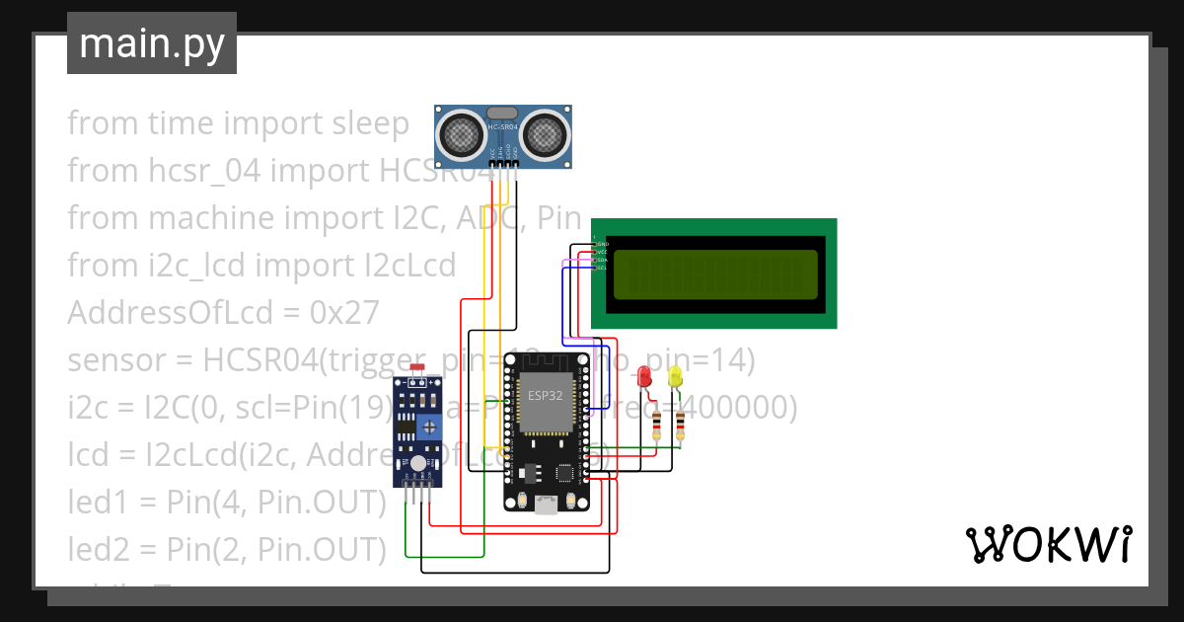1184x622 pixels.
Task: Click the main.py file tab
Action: [151, 43]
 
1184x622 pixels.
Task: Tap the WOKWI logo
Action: [1048, 544]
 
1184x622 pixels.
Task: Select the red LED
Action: [644, 377]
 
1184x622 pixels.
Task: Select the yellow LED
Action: [675, 376]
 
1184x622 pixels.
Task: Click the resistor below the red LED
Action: [657, 426]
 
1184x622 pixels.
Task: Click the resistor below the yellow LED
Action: [680, 426]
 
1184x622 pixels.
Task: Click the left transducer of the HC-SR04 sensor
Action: [461, 134]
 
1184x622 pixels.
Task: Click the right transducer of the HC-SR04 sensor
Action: [546, 134]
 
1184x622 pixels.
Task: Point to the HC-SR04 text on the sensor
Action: [503, 127]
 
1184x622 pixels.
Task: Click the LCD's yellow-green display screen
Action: [715, 273]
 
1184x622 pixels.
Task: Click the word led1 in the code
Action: [98, 502]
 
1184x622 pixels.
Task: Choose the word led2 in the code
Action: [98, 549]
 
